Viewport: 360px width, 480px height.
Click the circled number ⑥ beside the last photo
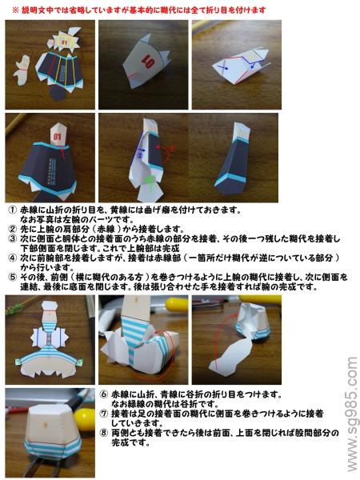[x=105, y=394]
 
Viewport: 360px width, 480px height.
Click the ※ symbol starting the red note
[x=15, y=10]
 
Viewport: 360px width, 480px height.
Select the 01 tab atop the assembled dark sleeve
[x=58, y=133]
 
